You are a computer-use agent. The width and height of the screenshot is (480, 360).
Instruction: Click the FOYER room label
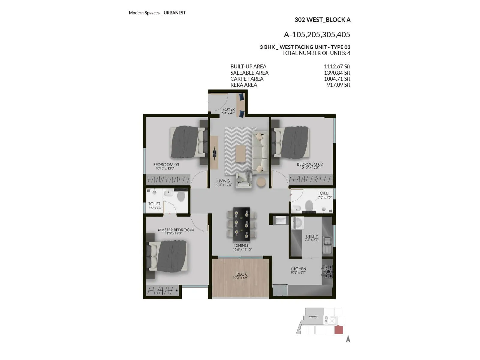(x=229, y=109)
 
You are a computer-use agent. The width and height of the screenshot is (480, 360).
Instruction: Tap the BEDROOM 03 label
(x=166, y=164)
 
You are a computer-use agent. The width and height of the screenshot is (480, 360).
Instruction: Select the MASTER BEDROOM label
(x=176, y=230)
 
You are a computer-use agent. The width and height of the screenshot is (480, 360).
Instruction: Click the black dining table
(x=241, y=224)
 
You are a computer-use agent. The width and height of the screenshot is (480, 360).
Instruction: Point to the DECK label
(x=241, y=274)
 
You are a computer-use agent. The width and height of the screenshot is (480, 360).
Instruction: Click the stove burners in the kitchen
(x=327, y=271)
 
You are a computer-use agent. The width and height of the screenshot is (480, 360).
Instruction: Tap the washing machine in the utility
(x=298, y=223)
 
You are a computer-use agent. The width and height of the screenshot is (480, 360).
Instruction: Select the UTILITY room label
(x=312, y=236)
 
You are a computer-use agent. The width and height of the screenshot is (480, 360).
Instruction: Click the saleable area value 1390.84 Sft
(x=337, y=73)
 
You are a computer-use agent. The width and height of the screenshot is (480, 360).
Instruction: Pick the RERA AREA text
(x=244, y=85)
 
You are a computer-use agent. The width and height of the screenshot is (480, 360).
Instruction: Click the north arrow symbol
(x=348, y=339)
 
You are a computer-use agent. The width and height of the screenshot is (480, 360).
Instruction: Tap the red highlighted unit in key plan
(x=339, y=330)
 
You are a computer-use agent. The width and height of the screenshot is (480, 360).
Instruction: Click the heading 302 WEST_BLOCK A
(x=322, y=20)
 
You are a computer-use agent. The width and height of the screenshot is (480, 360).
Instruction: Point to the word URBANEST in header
(x=175, y=13)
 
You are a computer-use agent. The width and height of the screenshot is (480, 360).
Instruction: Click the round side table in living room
(x=261, y=182)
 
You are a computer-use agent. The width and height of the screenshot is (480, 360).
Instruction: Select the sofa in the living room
(x=260, y=152)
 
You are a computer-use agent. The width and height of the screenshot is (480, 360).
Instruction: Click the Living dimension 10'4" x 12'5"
(x=223, y=185)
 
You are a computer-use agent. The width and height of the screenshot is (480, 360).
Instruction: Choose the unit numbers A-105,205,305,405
(x=317, y=34)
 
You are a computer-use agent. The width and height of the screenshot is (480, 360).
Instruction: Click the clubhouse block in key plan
(x=314, y=316)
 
